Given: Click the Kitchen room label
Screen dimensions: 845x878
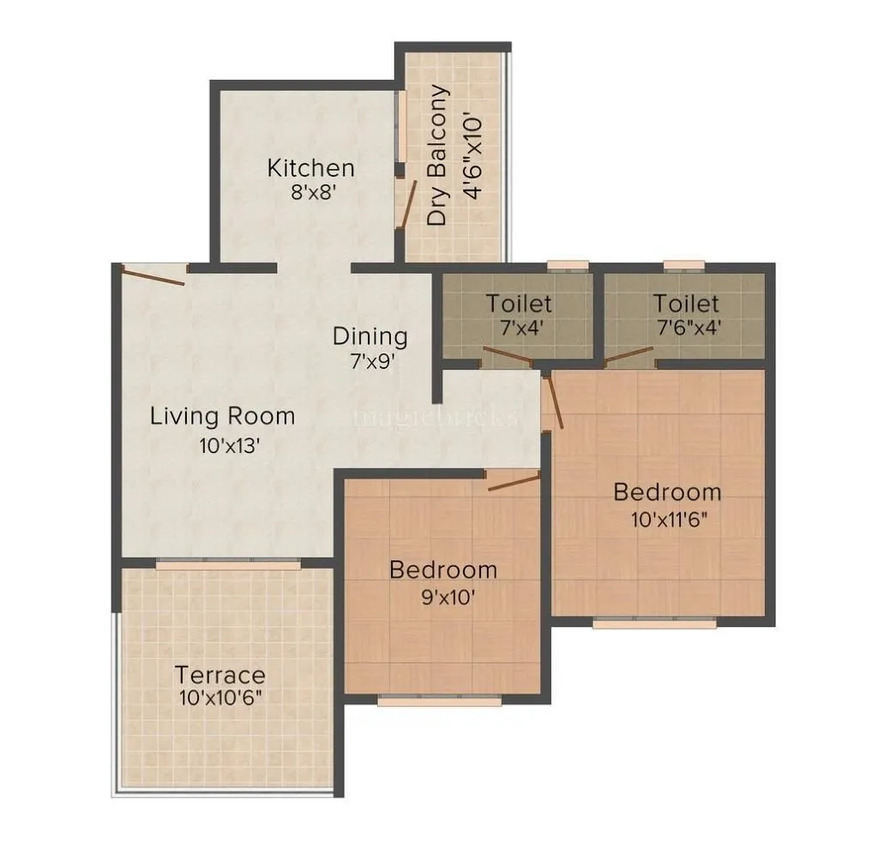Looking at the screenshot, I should click(310, 167).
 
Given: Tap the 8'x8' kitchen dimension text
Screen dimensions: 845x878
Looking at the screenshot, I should click(310, 192).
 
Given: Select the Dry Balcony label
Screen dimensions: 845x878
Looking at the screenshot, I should click(438, 155).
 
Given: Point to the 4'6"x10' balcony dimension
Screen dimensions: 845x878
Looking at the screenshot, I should click(472, 155).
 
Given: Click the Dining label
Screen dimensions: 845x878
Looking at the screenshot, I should click(370, 335).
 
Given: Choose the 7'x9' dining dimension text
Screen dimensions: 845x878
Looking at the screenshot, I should click(370, 360).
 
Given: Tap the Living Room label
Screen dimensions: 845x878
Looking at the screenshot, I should click(222, 417).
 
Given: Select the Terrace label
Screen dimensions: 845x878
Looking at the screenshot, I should click(220, 674).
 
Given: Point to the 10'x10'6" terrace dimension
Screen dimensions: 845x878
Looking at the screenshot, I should click(220, 697).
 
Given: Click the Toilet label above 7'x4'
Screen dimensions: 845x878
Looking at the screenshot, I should click(519, 304).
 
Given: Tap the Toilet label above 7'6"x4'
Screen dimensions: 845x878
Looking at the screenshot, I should click(685, 304).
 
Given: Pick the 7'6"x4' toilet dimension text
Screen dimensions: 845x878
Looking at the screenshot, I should click(685, 328).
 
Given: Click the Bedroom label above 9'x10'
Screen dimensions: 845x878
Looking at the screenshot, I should click(443, 570).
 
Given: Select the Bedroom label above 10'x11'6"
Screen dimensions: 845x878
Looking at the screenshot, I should click(667, 492).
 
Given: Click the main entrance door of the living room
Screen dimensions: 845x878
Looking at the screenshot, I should click(153, 275).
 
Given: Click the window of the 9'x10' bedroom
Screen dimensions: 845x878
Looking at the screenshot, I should click(440, 701).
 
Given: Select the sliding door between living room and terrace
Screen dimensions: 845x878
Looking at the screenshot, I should click(228, 564).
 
